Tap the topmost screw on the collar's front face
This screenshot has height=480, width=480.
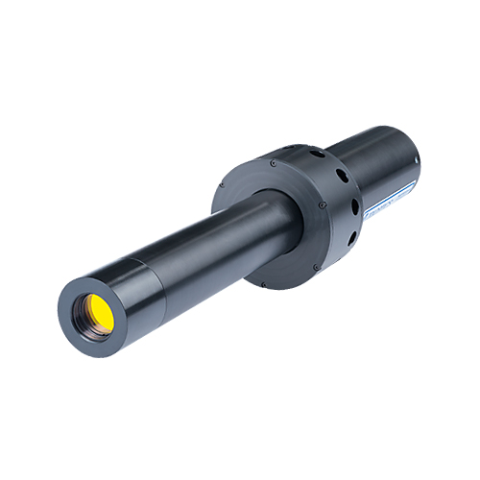tap(273, 164)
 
